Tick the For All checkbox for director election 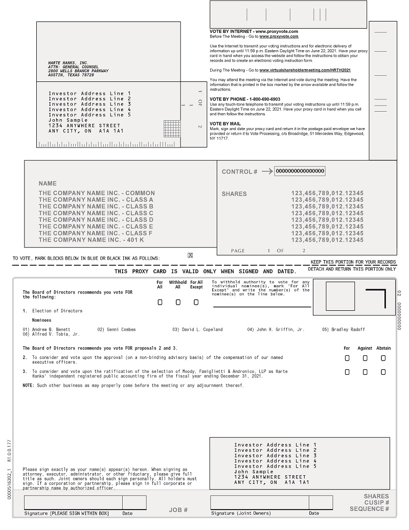pyautogui.click(x=160, y=302)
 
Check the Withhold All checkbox pyautogui.click(x=178, y=302)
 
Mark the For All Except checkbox pyautogui.click(x=196, y=302)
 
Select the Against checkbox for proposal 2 pyautogui.click(x=365, y=358)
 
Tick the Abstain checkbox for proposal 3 pyautogui.click(x=383, y=372)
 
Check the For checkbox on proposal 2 pyautogui.click(x=347, y=358)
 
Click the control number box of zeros pyautogui.click(x=300, y=171)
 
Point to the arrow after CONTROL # pyautogui.click(x=267, y=172)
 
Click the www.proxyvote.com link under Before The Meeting pyautogui.click(x=279, y=36)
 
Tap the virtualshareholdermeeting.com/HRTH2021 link pyautogui.click(x=305, y=70)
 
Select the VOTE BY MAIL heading pyautogui.click(x=224, y=123)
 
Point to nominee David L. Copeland pyautogui.click(x=197, y=330)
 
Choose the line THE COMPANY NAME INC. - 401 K pyautogui.click(x=92, y=240)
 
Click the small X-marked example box pyautogui.click(x=190, y=255)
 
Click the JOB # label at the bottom pyautogui.click(x=178, y=510)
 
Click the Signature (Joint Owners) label pyautogui.click(x=241, y=513)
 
